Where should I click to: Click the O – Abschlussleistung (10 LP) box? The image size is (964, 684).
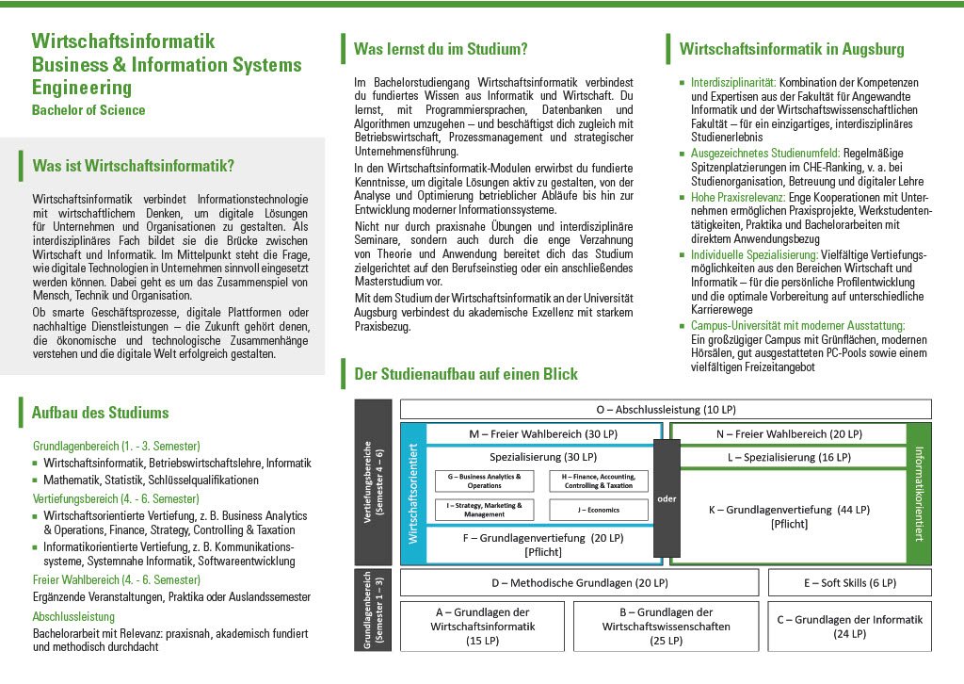pos(666,409)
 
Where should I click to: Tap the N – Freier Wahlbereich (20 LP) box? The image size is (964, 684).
pos(788,434)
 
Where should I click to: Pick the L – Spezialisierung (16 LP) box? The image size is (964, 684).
pos(788,457)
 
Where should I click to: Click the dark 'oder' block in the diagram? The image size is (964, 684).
pos(667,497)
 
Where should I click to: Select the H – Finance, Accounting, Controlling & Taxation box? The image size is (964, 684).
pos(599,481)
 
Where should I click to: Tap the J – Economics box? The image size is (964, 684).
pos(599,510)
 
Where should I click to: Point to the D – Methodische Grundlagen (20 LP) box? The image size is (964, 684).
pos(579,583)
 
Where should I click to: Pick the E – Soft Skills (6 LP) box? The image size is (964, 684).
pos(850,583)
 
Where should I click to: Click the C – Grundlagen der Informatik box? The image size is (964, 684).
pos(850,627)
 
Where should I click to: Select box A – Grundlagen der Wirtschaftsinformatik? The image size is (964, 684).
pos(482,627)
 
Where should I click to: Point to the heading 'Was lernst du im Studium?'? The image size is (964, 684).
pos(441,49)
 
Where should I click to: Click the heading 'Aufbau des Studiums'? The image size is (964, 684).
pos(100,413)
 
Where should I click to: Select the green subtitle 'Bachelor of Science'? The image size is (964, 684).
pos(88,110)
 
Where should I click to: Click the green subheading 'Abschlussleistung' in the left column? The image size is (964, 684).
pos(73,617)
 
